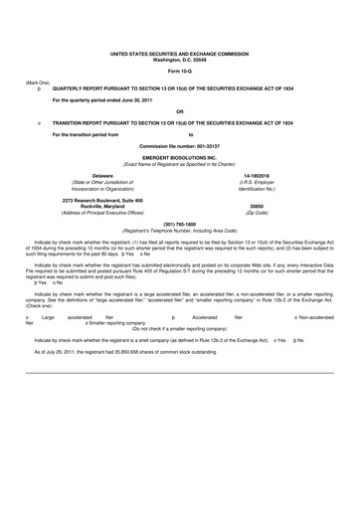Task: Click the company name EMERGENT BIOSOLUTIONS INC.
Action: point(179,157)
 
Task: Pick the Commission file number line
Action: point(179,145)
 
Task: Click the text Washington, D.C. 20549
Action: point(179,61)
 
